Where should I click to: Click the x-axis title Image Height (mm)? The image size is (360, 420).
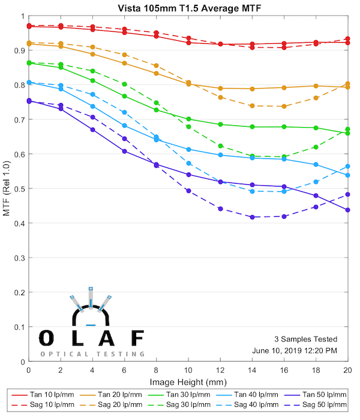188,382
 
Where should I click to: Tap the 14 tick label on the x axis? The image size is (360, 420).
252,372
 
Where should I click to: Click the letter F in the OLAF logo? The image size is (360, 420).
137,338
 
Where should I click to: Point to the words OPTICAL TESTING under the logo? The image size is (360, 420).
92,354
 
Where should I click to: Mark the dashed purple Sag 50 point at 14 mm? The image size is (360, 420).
252,217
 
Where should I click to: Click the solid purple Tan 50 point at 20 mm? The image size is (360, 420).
348,210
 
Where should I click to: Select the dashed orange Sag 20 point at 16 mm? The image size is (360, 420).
284,106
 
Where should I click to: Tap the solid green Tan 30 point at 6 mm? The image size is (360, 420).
124,96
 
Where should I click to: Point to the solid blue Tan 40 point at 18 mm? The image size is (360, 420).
316,164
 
